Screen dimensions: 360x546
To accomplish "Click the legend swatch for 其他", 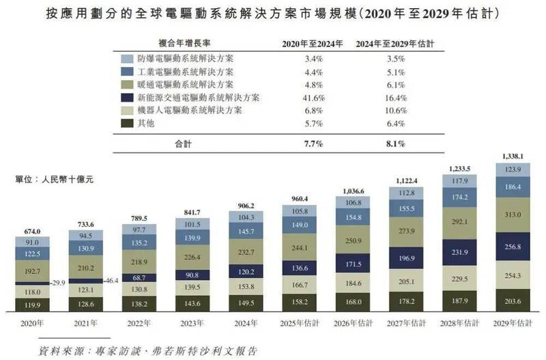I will (x=127, y=123).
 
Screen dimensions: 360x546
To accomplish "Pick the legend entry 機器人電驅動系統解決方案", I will (x=185, y=110).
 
